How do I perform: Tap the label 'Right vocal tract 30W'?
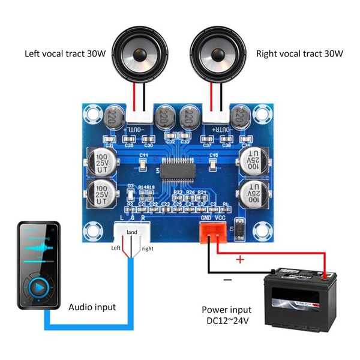(x=299, y=53)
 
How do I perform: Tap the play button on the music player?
(x=38, y=287)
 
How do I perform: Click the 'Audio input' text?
(x=92, y=307)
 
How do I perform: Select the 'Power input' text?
(x=226, y=310)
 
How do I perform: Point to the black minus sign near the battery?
(x=228, y=280)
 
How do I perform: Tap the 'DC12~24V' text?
(x=226, y=322)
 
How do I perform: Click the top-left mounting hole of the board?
(x=92, y=111)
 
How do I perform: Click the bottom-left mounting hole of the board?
(x=92, y=230)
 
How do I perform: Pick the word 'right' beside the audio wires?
(x=148, y=248)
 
